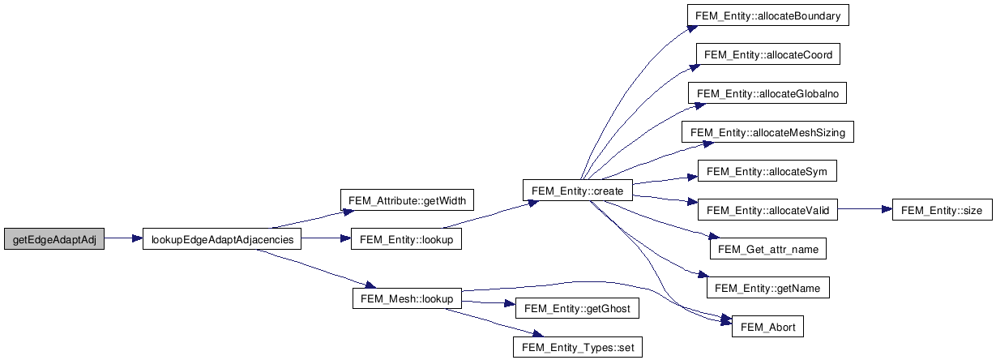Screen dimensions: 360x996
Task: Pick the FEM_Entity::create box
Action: click(x=578, y=191)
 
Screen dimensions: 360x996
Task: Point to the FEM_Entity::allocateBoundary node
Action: click(x=767, y=16)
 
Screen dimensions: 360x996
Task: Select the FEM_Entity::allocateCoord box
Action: click(x=767, y=55)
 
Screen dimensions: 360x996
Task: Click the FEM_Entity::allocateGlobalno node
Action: click(x=767, y=94)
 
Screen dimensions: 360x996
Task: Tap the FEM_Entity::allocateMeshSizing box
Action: click(x=767, y=132)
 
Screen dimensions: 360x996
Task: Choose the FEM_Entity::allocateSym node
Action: click(x=767, y=172)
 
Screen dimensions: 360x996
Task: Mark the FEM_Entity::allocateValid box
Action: click(x=767, y=210)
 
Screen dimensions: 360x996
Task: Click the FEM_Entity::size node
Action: click(x=941, y=210)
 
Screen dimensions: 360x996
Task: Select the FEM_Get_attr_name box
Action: click(x=767, y=249)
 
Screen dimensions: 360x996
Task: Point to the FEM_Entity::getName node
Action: click(x=767, y=288)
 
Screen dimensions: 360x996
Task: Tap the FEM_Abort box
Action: click(x=767, y=328)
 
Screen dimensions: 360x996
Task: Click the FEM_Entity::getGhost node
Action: click(x=577, y=308)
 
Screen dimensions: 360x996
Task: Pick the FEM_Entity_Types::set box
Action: click(x=577, y=347)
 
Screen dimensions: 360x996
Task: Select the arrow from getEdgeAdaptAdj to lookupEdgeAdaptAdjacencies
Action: click(x=123, y=239)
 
